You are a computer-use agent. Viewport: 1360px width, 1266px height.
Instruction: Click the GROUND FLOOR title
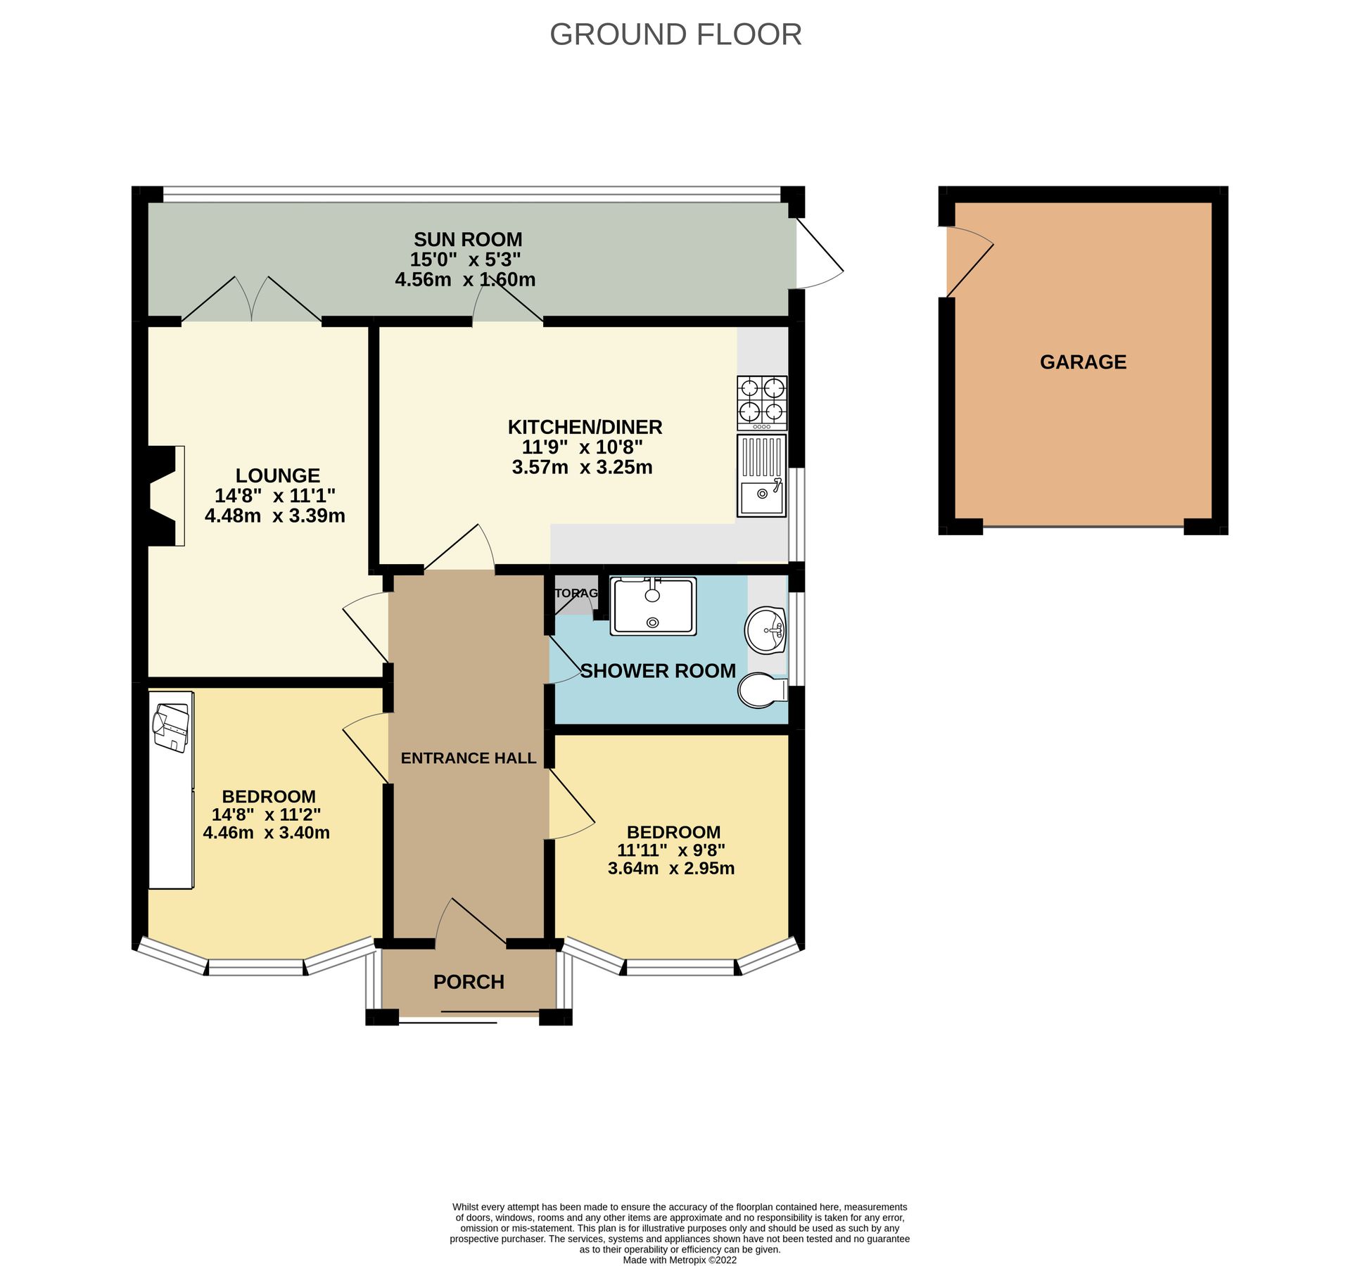click(675, 34)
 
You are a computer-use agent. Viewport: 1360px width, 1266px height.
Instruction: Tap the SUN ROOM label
click(467, 239)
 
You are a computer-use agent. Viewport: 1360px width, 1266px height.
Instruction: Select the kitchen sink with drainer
click(761, 475)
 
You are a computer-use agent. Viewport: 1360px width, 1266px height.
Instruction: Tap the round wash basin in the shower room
click(765, 629)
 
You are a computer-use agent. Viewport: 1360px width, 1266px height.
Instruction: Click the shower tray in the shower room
click(652, 606)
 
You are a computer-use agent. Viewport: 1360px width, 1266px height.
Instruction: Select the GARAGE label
click(1082, 362)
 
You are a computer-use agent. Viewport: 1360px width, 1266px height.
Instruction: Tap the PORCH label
click(469, 982)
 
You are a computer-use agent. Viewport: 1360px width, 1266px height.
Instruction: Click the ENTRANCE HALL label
click(468, 758)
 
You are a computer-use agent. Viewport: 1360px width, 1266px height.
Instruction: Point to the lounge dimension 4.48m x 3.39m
click(274, 516)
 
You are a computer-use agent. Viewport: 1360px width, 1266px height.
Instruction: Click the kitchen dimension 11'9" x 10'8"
click(582, 447)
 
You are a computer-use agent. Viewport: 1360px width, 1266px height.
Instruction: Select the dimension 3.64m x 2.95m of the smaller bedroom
click(671, 868)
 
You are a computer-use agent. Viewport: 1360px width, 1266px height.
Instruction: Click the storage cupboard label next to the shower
click(576, 593)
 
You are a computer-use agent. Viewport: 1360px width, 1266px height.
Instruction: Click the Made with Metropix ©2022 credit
click(679, 1260)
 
